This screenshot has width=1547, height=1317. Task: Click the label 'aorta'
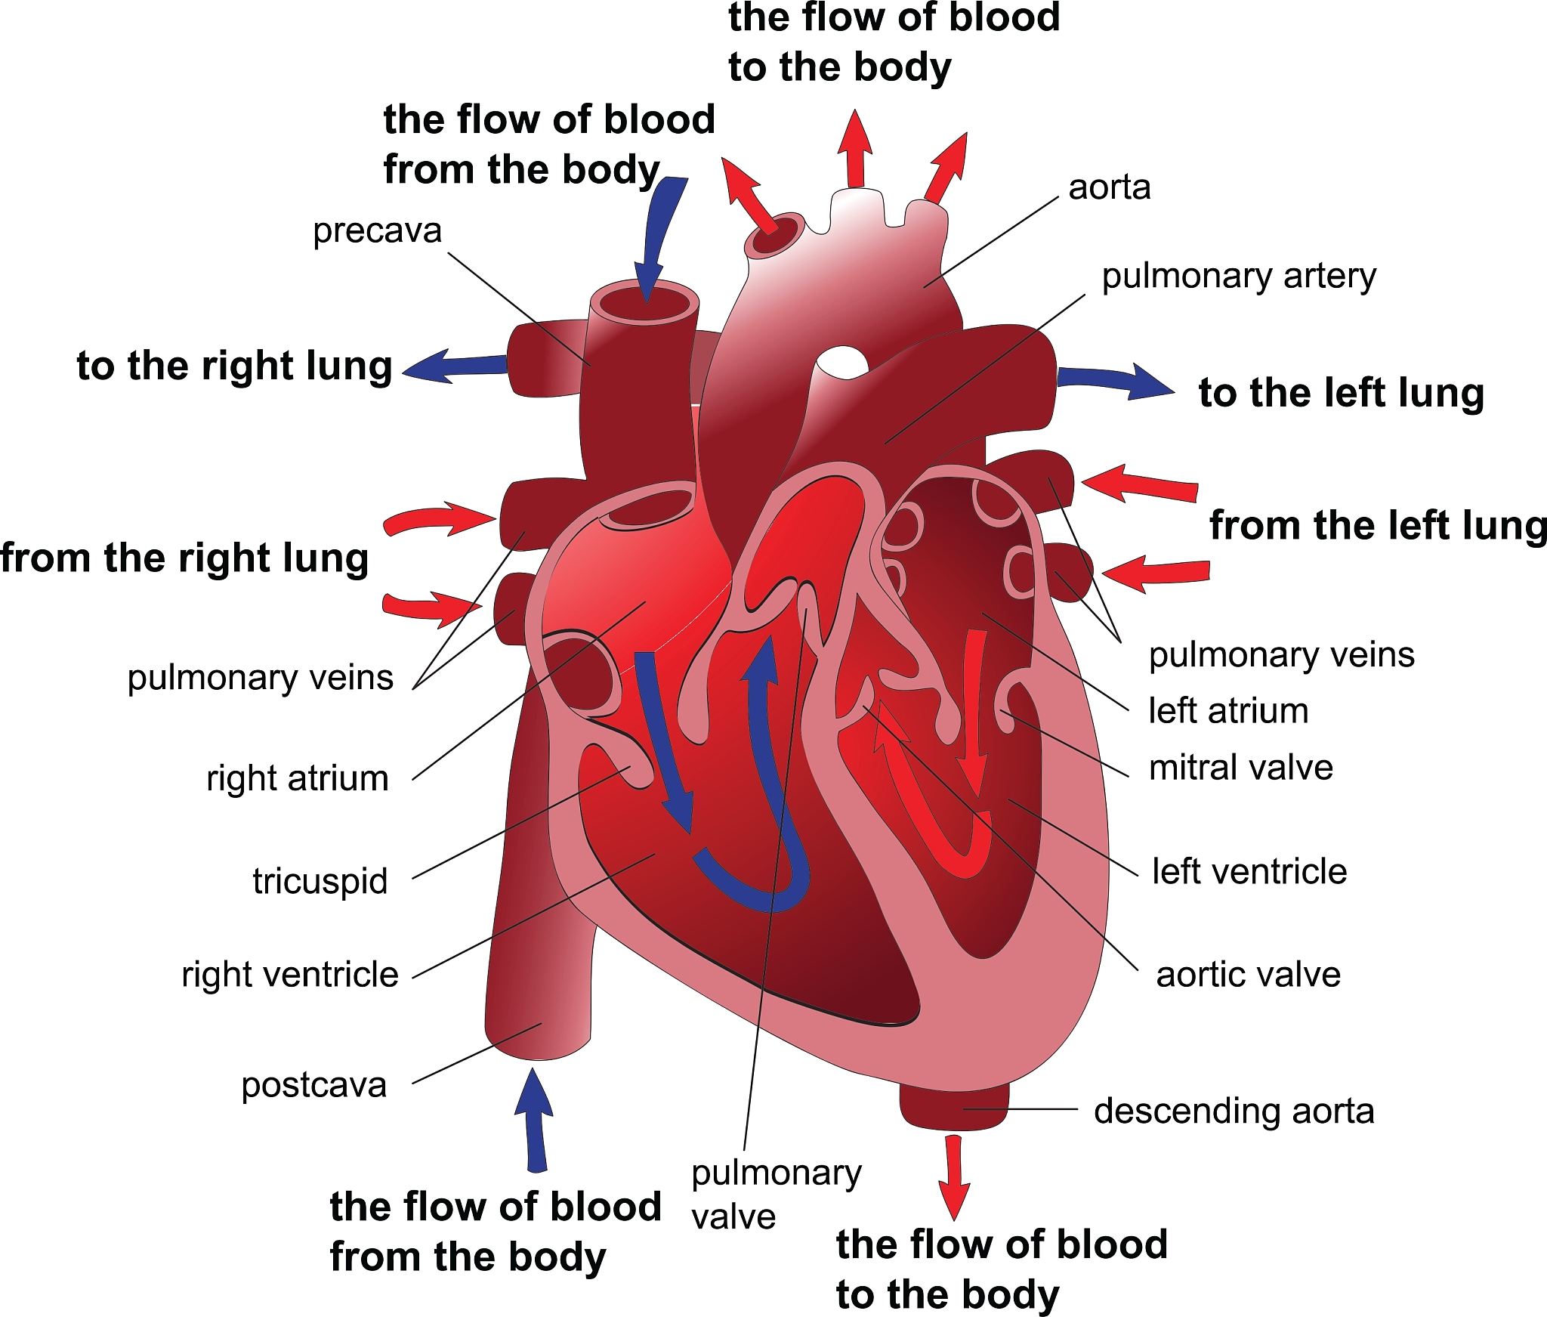[x=1109, y=187]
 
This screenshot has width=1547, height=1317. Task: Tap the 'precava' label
[x=377, y=230]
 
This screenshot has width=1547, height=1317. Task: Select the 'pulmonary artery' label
[x=1239, y=276]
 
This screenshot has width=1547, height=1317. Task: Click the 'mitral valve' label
[x=1240, y=768]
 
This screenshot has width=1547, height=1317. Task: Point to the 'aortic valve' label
[x=1248, y=974]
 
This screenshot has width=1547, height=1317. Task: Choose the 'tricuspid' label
[x=320, y=881]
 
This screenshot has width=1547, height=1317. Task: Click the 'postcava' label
[x=313, y=1085]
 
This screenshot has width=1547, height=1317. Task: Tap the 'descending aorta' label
[x=1234, y=1111]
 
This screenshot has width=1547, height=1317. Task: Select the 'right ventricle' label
[x=289, y=975]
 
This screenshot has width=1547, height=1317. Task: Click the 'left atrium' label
[x=1228, y=711]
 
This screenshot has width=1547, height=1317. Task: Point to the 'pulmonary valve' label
[x=776, y=1195]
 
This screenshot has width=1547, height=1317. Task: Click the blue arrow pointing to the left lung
[x=1115, y=380]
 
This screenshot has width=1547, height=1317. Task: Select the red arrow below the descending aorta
[x=955, y=1176]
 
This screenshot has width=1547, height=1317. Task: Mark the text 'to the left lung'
[x=1341, y=393]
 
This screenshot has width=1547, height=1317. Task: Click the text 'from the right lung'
[x=184, y=558]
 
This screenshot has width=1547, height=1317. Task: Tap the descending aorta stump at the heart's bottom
[x=954, y=1108]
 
